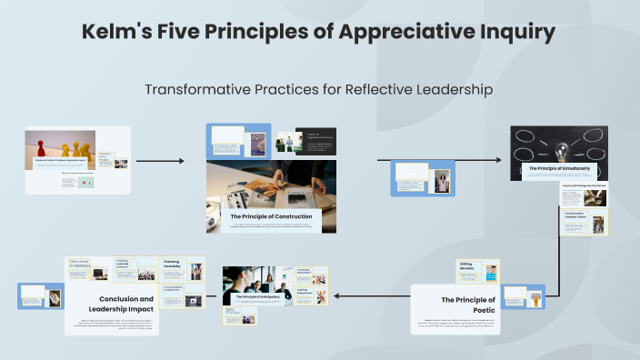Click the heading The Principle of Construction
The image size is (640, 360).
coord(271,216)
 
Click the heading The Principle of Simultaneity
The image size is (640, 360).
coord(559,168)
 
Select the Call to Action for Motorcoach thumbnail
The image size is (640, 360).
coord(88,267)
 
